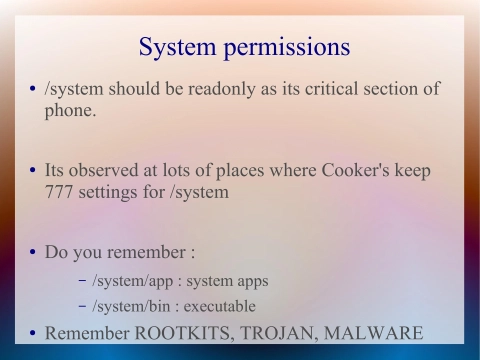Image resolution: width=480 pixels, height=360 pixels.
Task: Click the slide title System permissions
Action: coord(244,47)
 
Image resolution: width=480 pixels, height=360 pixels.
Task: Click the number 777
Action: coord(61,192)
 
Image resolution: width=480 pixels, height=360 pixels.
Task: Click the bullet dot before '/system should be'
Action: coord(32,90)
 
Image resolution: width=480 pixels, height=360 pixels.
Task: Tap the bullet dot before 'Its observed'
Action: coord(32,171)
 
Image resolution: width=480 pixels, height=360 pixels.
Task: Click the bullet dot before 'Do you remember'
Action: coord(32,252)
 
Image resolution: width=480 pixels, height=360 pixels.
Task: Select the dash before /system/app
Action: coord(81,281)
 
